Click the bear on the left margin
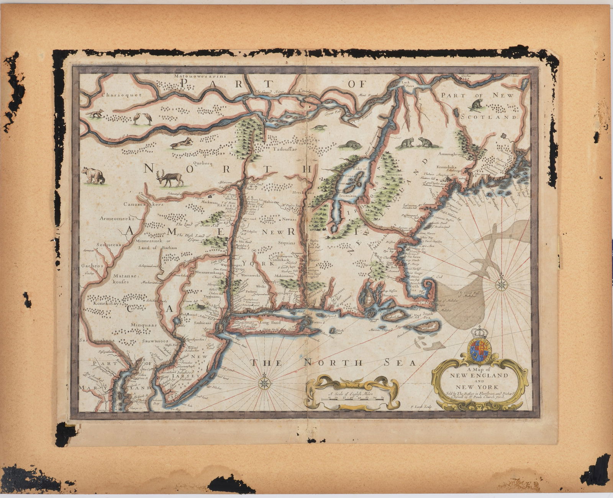click(93, 175)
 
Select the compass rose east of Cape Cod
click(501, 284)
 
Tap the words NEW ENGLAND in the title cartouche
click(479, 376)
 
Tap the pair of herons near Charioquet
click(143, 119)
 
